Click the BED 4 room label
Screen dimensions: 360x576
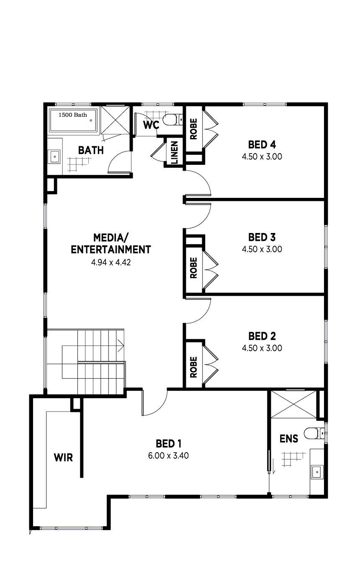(x=262, y=145)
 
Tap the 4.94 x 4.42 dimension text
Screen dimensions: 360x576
(x=111, y=262)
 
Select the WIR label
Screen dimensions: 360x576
(x=63, y=458)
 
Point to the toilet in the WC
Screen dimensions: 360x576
(x=173, y=120)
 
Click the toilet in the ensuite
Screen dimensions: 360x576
(x=314, y=433)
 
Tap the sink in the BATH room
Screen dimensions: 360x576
(x=55, y=156)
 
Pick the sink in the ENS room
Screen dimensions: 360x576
(x=317, y=472)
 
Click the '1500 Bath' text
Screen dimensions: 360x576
(x=72, y=115)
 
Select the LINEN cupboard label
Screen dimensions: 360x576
(x=175, y=153)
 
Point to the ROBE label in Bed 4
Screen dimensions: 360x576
(x=193, y=129)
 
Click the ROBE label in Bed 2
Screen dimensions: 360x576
(x=193, y=367)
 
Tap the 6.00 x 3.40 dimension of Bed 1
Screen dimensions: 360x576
(x=168, y=456)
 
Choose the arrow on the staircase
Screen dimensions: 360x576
(x=121, y=346)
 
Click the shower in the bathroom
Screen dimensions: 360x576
(x=115, y=120)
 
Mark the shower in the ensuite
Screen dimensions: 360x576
(x=293, y=404)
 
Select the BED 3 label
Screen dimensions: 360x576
(x=262, y=237)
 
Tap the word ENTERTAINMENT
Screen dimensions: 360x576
(x=111, y=250)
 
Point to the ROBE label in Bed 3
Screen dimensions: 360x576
(x=193, y=268)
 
